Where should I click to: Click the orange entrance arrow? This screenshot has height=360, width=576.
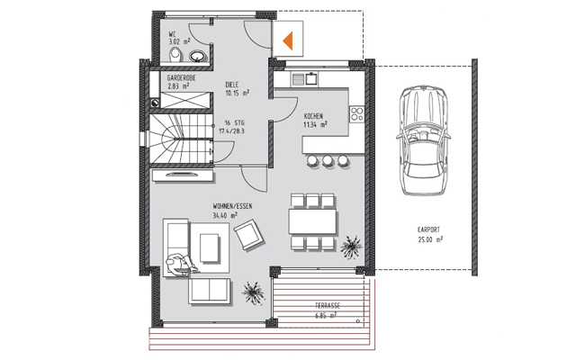289,40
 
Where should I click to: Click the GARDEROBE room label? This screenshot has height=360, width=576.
183,80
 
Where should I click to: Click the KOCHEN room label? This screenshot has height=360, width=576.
313,116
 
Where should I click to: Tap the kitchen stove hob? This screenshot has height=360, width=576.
355,114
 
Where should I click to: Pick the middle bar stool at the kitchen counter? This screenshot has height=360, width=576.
329,160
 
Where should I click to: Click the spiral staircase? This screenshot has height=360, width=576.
175,139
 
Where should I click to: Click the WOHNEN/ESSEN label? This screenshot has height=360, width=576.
232,206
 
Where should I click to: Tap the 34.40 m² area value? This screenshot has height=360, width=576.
225,216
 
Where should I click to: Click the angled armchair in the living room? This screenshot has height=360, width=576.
247,235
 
